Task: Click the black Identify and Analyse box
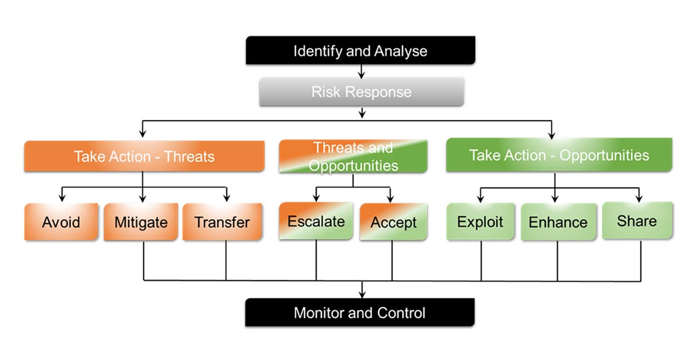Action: (360, 50)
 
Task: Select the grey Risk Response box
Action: (361, 92)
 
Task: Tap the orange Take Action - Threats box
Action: (144, 156)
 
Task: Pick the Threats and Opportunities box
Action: (353, 157)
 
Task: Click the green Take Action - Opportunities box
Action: (559, 155)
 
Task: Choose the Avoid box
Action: (61, 221)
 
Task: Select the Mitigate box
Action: (141, 221)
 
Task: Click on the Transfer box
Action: (222, 221)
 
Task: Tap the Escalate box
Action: (316, 221)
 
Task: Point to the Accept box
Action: (393, 222)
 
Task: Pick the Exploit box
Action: (480, 221)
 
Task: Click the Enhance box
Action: (558, 222)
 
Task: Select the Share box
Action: (637, 221)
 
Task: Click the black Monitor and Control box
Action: (360, 313)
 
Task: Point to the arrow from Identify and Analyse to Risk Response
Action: (361, 71)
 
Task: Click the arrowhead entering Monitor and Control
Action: (362, 294)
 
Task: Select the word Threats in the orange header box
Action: (189, 157)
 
